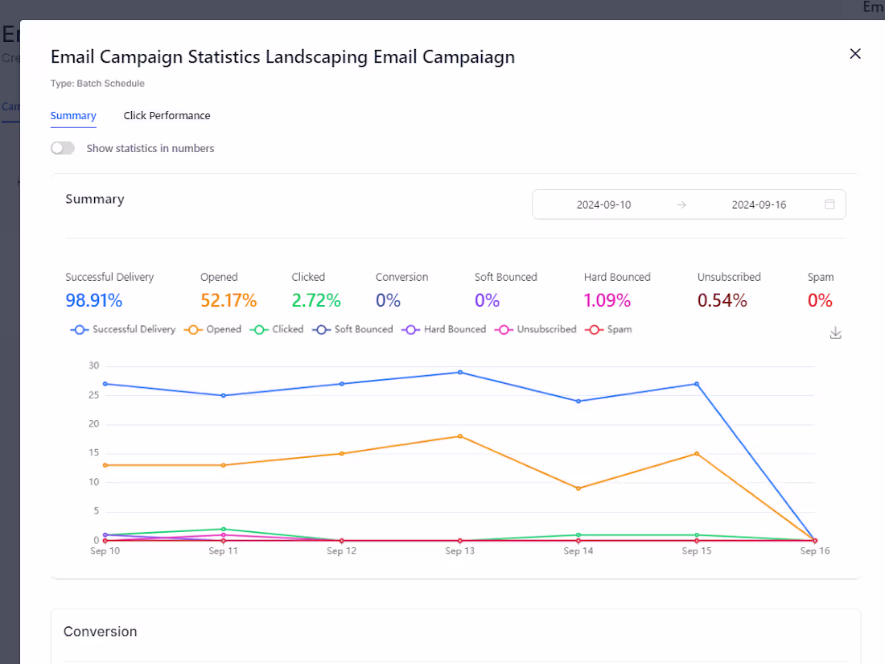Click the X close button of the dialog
855,54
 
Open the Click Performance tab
167,116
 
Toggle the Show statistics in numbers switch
63,148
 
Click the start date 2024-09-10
603,204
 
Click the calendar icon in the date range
829,204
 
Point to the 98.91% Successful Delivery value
94,301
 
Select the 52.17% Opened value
228,301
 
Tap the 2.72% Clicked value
316,301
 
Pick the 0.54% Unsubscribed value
722,301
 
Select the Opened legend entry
214,329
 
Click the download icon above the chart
835,333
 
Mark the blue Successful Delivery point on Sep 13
459,372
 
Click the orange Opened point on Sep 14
578,489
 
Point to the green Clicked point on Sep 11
223,529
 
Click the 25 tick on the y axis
94,395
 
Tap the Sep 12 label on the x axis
341,551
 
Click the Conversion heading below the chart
101,632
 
